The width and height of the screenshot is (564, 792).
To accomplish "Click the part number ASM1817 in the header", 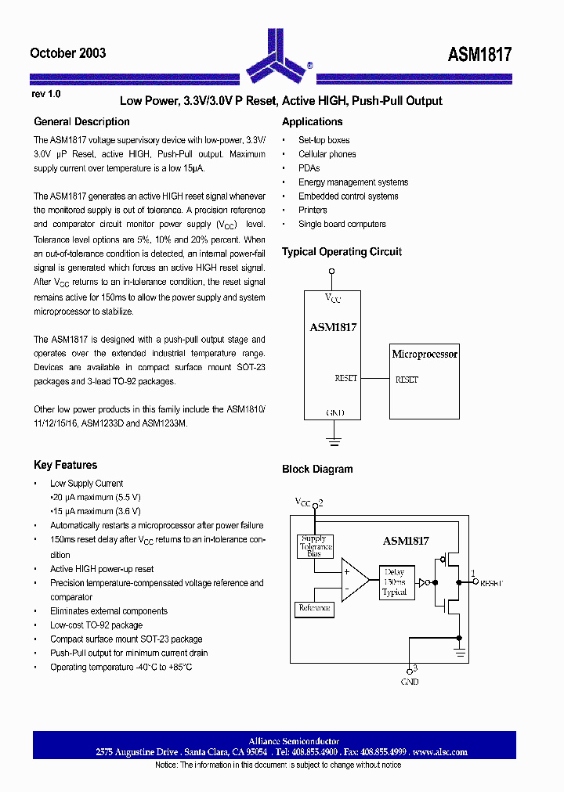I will [479, 54].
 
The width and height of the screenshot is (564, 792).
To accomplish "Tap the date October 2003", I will [67, 53].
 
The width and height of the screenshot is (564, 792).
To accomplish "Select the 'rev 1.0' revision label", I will [45, 94].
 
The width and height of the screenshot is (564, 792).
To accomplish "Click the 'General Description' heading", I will [81, 122].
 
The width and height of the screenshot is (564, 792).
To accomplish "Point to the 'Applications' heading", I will [312, 122].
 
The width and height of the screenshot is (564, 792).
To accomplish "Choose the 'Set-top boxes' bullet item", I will [324, 140].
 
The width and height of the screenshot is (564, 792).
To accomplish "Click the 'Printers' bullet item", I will [313, 210].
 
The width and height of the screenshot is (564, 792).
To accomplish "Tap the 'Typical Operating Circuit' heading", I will [342, 252].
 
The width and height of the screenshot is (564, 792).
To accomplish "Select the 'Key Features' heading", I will [65, 465].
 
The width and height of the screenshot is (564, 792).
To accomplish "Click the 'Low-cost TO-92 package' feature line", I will [96, 625].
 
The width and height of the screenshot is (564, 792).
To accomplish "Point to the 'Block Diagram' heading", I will [317, 470].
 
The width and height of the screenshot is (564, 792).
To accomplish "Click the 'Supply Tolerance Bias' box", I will [314, 546].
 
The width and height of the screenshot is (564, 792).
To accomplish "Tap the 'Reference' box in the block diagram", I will [314, 608].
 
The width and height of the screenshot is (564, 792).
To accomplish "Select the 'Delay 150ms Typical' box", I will [394, 582].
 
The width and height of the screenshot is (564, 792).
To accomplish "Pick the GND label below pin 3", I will [410, 682].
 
